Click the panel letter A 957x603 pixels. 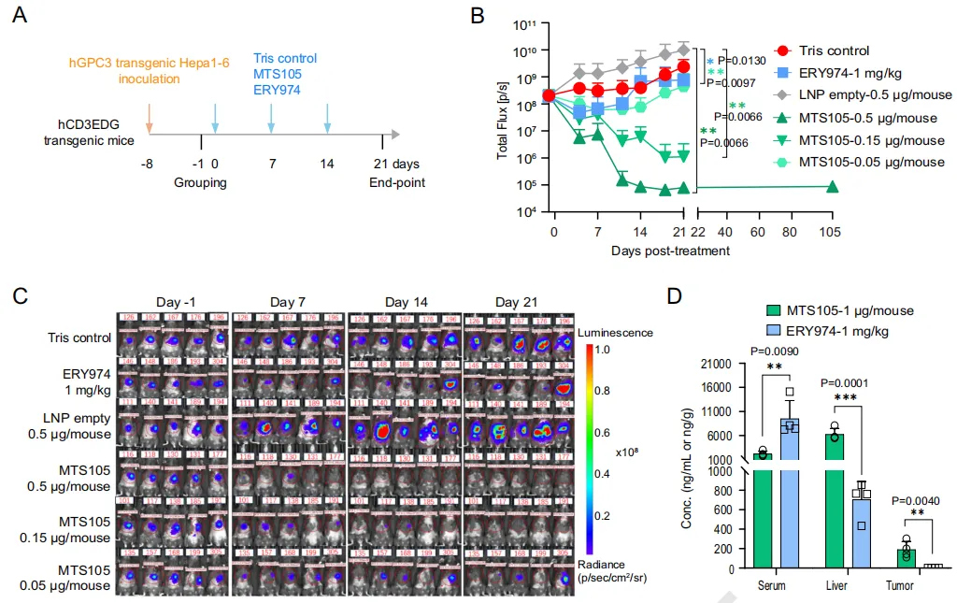click(x=18, y=18)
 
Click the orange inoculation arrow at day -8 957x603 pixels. click(x=150, y=118)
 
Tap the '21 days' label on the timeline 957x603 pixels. click(x=395, y=163)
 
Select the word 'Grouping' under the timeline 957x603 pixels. click(x=200, y=182)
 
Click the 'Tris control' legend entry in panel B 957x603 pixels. click(x=836, y=50)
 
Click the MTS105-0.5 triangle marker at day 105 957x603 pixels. click(x=831, y=187)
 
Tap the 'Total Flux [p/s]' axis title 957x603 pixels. click(x=503, y=120)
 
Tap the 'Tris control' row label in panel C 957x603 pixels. click(x=79, y=337)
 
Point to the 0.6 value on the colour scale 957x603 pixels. click(x=604, y=432)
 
